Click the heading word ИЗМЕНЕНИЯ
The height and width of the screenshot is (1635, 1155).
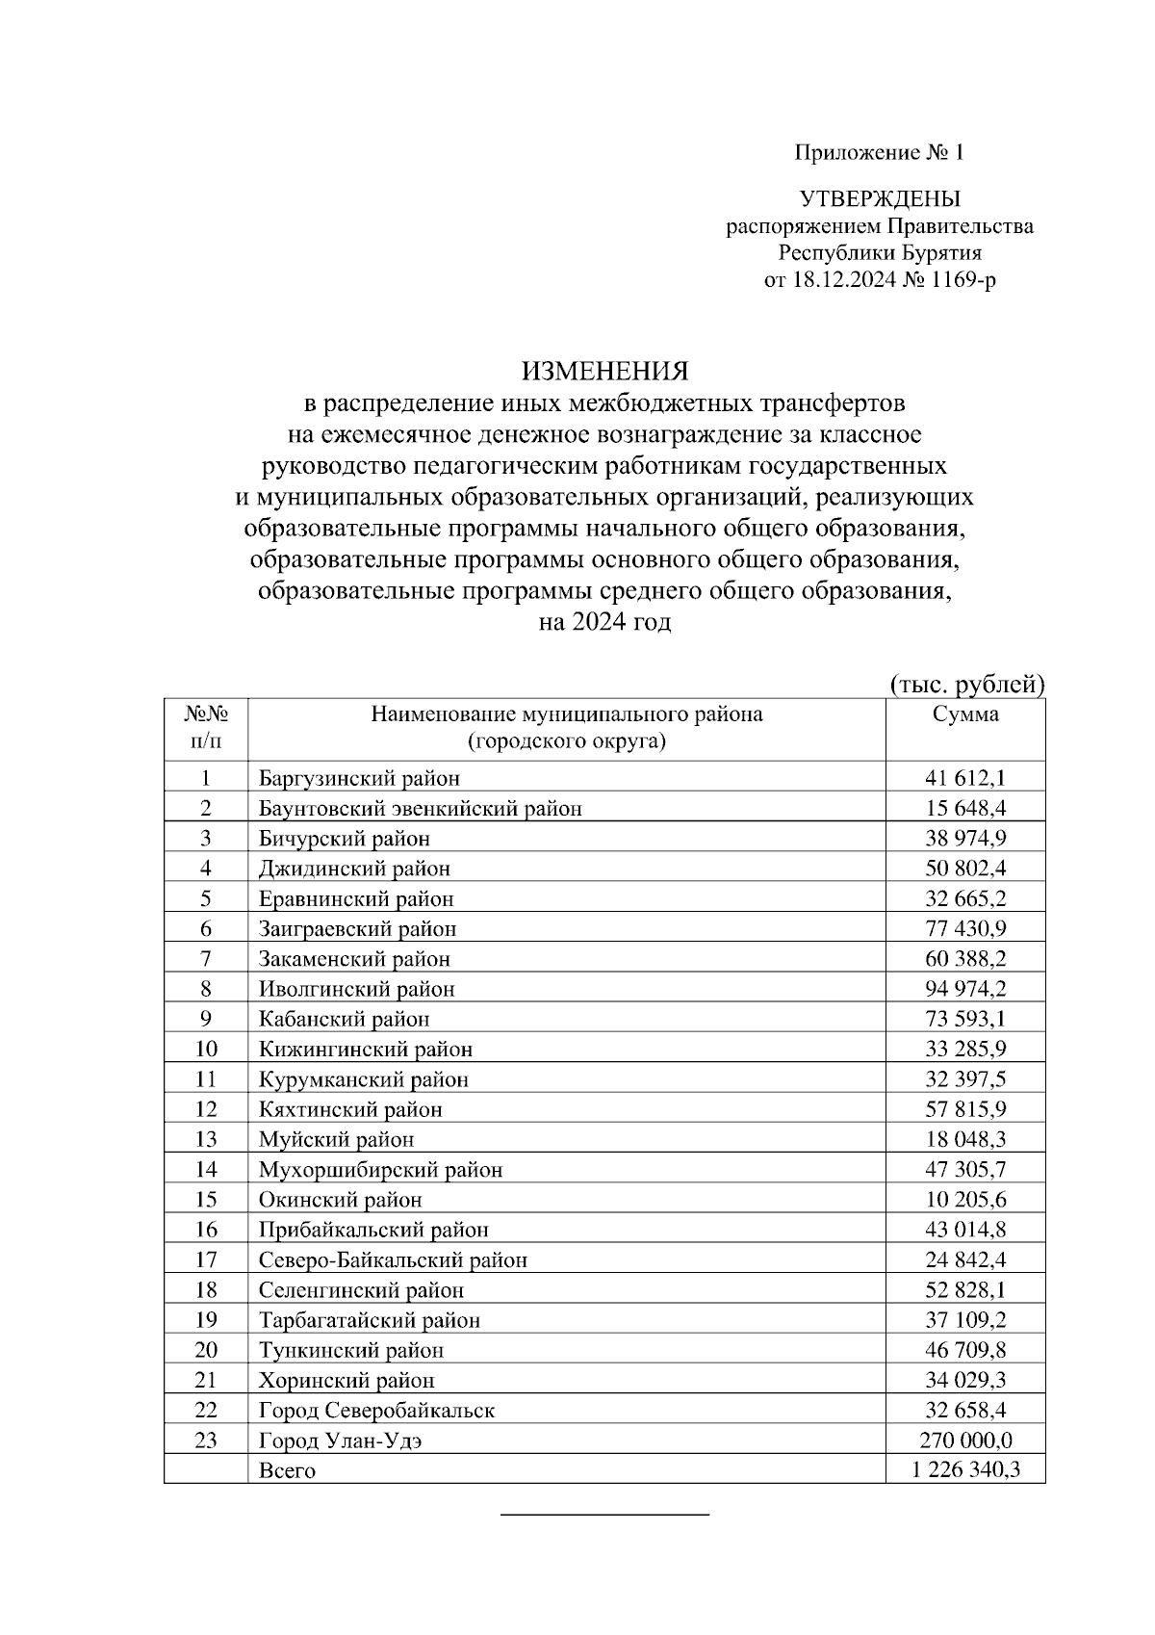tap(605, 370)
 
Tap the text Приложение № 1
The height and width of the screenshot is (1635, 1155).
tap(879, 152)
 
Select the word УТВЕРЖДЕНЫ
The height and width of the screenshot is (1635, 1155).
tap(880, 199)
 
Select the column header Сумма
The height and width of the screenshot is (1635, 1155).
tap(965, 714)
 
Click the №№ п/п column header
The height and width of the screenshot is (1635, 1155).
tap(205, 727)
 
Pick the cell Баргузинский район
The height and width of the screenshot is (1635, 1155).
tap(359, 778)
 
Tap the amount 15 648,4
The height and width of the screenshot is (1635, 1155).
tap(965, 808)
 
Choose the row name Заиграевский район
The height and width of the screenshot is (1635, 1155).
tap(357, 929)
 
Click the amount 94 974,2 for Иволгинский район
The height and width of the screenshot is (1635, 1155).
tap(965, 989)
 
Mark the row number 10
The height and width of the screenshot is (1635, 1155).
tap(205, 1049)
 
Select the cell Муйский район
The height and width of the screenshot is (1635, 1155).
tap(336, 1139)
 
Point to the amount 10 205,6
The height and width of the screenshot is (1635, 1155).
tap(965, 1200)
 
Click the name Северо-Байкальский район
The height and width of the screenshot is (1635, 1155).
tap(393, 1259)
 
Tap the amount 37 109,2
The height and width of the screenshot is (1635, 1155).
tap(965, 1319)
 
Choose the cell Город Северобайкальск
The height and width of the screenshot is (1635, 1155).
tap(376, 1411)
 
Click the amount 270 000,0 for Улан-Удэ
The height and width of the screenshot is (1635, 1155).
tap(965, 1440)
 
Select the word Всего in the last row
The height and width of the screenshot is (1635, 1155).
tap(287, 1471)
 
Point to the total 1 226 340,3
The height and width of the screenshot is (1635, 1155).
tap(965, 1470)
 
